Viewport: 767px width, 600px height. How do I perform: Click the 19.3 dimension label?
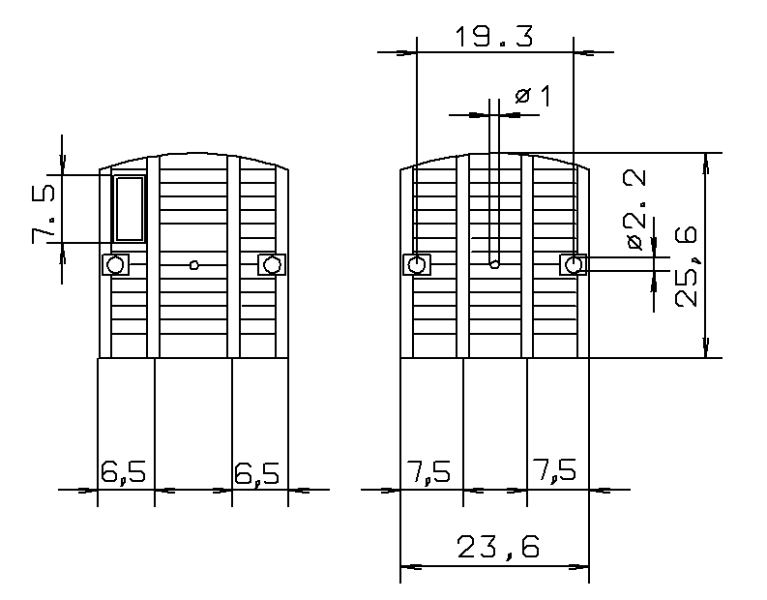(493, 37)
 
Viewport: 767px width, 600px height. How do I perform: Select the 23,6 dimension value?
(498, 547)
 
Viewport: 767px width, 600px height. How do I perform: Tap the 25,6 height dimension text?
(686, 267)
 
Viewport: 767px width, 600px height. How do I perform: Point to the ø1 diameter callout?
(533, 96)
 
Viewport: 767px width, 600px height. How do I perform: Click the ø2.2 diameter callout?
(635, 210)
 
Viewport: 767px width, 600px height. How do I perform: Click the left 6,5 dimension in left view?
(123, 472)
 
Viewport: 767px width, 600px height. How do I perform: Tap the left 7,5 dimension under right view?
(428, 471)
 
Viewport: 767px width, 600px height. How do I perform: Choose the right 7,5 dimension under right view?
(554, 469)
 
